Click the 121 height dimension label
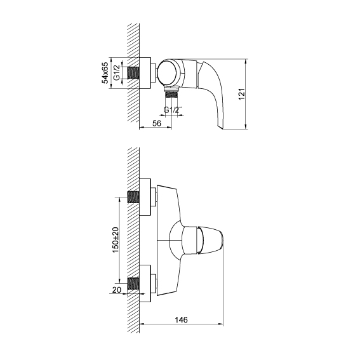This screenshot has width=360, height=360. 242,94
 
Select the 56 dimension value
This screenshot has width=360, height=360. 157,123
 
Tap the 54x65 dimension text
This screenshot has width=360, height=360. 105,72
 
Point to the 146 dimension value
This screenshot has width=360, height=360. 181,319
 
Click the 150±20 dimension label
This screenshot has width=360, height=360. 116,240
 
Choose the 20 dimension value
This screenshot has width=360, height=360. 117,290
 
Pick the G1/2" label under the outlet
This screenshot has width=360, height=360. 173,110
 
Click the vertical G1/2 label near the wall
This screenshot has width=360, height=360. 117,72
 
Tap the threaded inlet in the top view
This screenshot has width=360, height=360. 133,73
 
